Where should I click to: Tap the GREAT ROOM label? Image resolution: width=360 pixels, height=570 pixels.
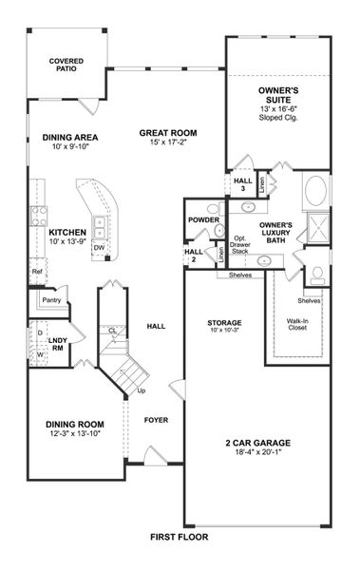[168, 133]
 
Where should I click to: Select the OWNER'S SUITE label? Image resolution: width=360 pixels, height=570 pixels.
[279, 94]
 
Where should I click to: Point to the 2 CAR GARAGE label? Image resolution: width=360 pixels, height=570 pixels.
[257, 443]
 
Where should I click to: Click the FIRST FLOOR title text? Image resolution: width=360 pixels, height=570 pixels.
[179, 537]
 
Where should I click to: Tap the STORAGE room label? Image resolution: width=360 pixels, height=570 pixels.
[225, 323]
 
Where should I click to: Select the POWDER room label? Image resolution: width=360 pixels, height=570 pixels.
[204, 220]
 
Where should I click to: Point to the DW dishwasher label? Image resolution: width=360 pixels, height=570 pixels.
[98, 248]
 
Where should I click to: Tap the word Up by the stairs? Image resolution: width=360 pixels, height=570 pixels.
[142, 390]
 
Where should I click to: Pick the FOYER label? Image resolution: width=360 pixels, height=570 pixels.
[156, 419]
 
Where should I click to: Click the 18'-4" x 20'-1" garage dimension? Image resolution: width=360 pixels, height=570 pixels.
[257, 454]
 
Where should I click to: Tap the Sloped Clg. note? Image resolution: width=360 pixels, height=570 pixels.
[279, 120]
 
